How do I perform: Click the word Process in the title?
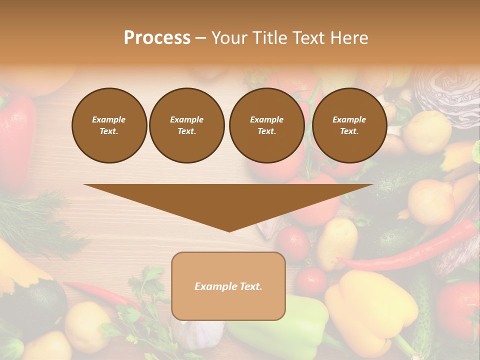point(157,38)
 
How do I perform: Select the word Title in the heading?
point(271,38)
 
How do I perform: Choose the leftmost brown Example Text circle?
point(109,125)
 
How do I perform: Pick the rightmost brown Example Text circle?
point(349,125)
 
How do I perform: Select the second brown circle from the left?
point(186,125)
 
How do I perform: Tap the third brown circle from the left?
point(266,125)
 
